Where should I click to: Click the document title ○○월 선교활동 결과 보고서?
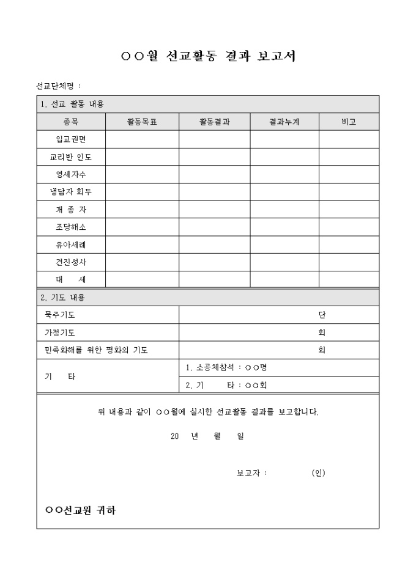tap(209, 57)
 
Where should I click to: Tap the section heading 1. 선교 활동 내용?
tap(72, 104)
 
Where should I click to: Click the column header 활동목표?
tap(142, 122)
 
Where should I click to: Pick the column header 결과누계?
tap(284, 122)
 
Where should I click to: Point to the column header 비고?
tap(349, 122)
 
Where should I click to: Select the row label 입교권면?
tap(71, 139)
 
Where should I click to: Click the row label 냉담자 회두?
tap(71, 192)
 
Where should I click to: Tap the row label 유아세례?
tap(71, 244)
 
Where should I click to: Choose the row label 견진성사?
tap(71, 262)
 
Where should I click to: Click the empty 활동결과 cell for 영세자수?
tap(214, 174)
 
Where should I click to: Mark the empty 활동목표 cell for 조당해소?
tap(142, 227)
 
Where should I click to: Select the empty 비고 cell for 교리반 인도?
tap(349, 157)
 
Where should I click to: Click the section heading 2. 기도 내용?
tap(62, 298)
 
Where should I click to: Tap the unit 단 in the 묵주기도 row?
tap(322, 315)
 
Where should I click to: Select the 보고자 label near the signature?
tap(251, 473)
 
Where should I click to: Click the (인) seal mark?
tap(318, 473)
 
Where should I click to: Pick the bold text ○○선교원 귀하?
tap(80, 510)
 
